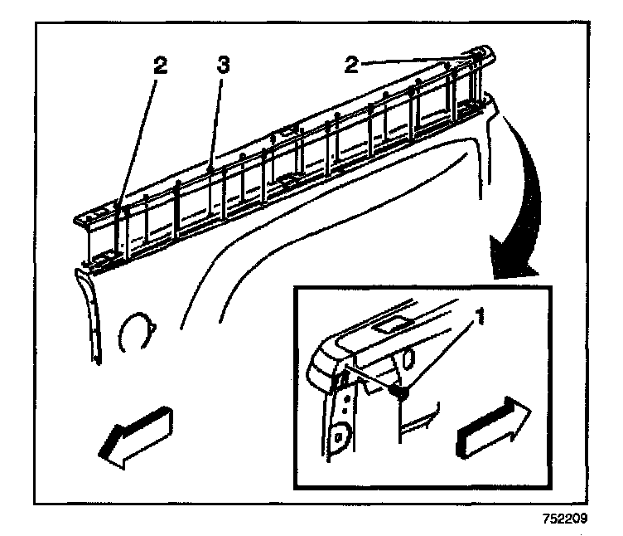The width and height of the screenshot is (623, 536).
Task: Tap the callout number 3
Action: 221,66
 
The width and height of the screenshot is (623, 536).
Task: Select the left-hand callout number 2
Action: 161,67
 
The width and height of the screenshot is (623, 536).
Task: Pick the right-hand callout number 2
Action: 352,65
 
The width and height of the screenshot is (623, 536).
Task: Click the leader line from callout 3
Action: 217,124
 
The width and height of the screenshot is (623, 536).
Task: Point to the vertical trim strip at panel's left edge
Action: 89,315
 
